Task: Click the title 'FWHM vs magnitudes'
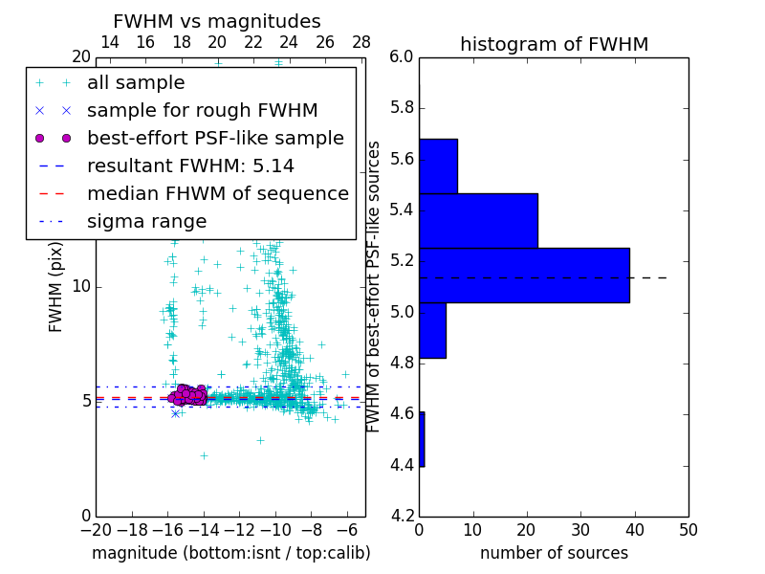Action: pyautogui.click(x=217, y=22)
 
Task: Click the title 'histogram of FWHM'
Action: pyautogui.click(x=554, y=45)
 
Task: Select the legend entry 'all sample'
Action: pyautogui.click(x=136, y=83)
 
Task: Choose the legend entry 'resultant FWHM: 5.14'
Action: pyautogui.click(x=190, y=166)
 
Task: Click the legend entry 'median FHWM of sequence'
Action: pyautogui.click(x=217, y=194)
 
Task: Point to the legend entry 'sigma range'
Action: pyautogui.click(x=146, y=222)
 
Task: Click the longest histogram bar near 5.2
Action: pyautogui.click(x=524, y=276)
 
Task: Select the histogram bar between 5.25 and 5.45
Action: pyautogui.click(x=478, y=221)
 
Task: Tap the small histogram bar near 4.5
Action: pyautogui.click(x=422, y=439)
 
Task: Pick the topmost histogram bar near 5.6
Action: pyautogui.click(x=438, y=166)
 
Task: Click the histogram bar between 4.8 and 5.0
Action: pyautogui.click(x=432, y=330)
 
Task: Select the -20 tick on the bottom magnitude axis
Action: pyautogui.click(x=96, y=529)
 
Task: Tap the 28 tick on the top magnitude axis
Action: pyautogui.click(x=361, y=43)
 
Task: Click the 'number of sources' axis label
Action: pyautogui.click(x=554, y=553)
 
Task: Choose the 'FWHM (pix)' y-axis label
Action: pyautogui.click(x=56, y=287)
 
